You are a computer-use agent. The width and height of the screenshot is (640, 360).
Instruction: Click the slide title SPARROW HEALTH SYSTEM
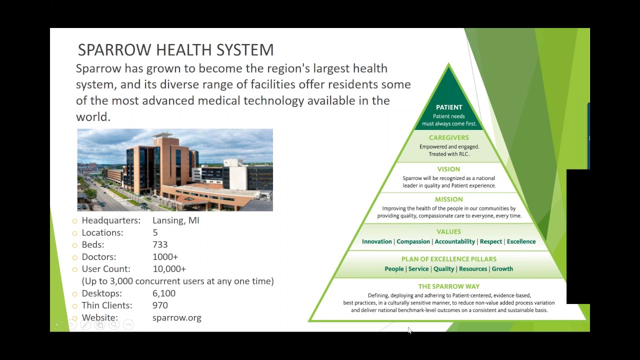coord(175,50)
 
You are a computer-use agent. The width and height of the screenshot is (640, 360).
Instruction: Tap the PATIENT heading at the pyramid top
coord(449,107)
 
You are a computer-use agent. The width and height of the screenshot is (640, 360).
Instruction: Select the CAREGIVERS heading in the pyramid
coord(449,137)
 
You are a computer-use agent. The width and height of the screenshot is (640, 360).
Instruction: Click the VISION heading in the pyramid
coord(449,169)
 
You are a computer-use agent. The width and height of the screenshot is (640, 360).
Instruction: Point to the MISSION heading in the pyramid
coord(449,199)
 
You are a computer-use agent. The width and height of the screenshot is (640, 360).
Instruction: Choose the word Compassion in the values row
coord(413,241)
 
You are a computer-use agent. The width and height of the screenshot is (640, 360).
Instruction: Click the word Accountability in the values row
coord(454,241)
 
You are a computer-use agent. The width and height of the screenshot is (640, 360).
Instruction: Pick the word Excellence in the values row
coord(521,241)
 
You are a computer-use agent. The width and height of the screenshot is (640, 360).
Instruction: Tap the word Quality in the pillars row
coord(443,269)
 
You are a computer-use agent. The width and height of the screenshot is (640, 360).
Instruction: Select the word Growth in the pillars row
coord(502,269)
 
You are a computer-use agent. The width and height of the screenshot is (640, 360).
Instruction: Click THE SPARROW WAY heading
coord(449,286)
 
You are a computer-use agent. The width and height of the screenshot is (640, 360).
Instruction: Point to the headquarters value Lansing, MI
coord(176,220)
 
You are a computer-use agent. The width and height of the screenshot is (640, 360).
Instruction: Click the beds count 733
coord(160,245)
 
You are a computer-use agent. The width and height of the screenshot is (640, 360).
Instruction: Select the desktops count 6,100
coord(164,293)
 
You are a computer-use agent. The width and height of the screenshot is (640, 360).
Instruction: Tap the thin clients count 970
coord(160,305)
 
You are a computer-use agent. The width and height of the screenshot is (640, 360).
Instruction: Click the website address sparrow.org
coord(177,318)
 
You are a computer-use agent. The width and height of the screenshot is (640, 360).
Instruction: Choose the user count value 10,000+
coord(169,269)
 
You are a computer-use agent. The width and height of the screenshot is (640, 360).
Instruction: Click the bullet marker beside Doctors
coord(75,257)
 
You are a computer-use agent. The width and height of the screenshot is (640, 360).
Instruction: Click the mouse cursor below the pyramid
coord(409,330)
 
